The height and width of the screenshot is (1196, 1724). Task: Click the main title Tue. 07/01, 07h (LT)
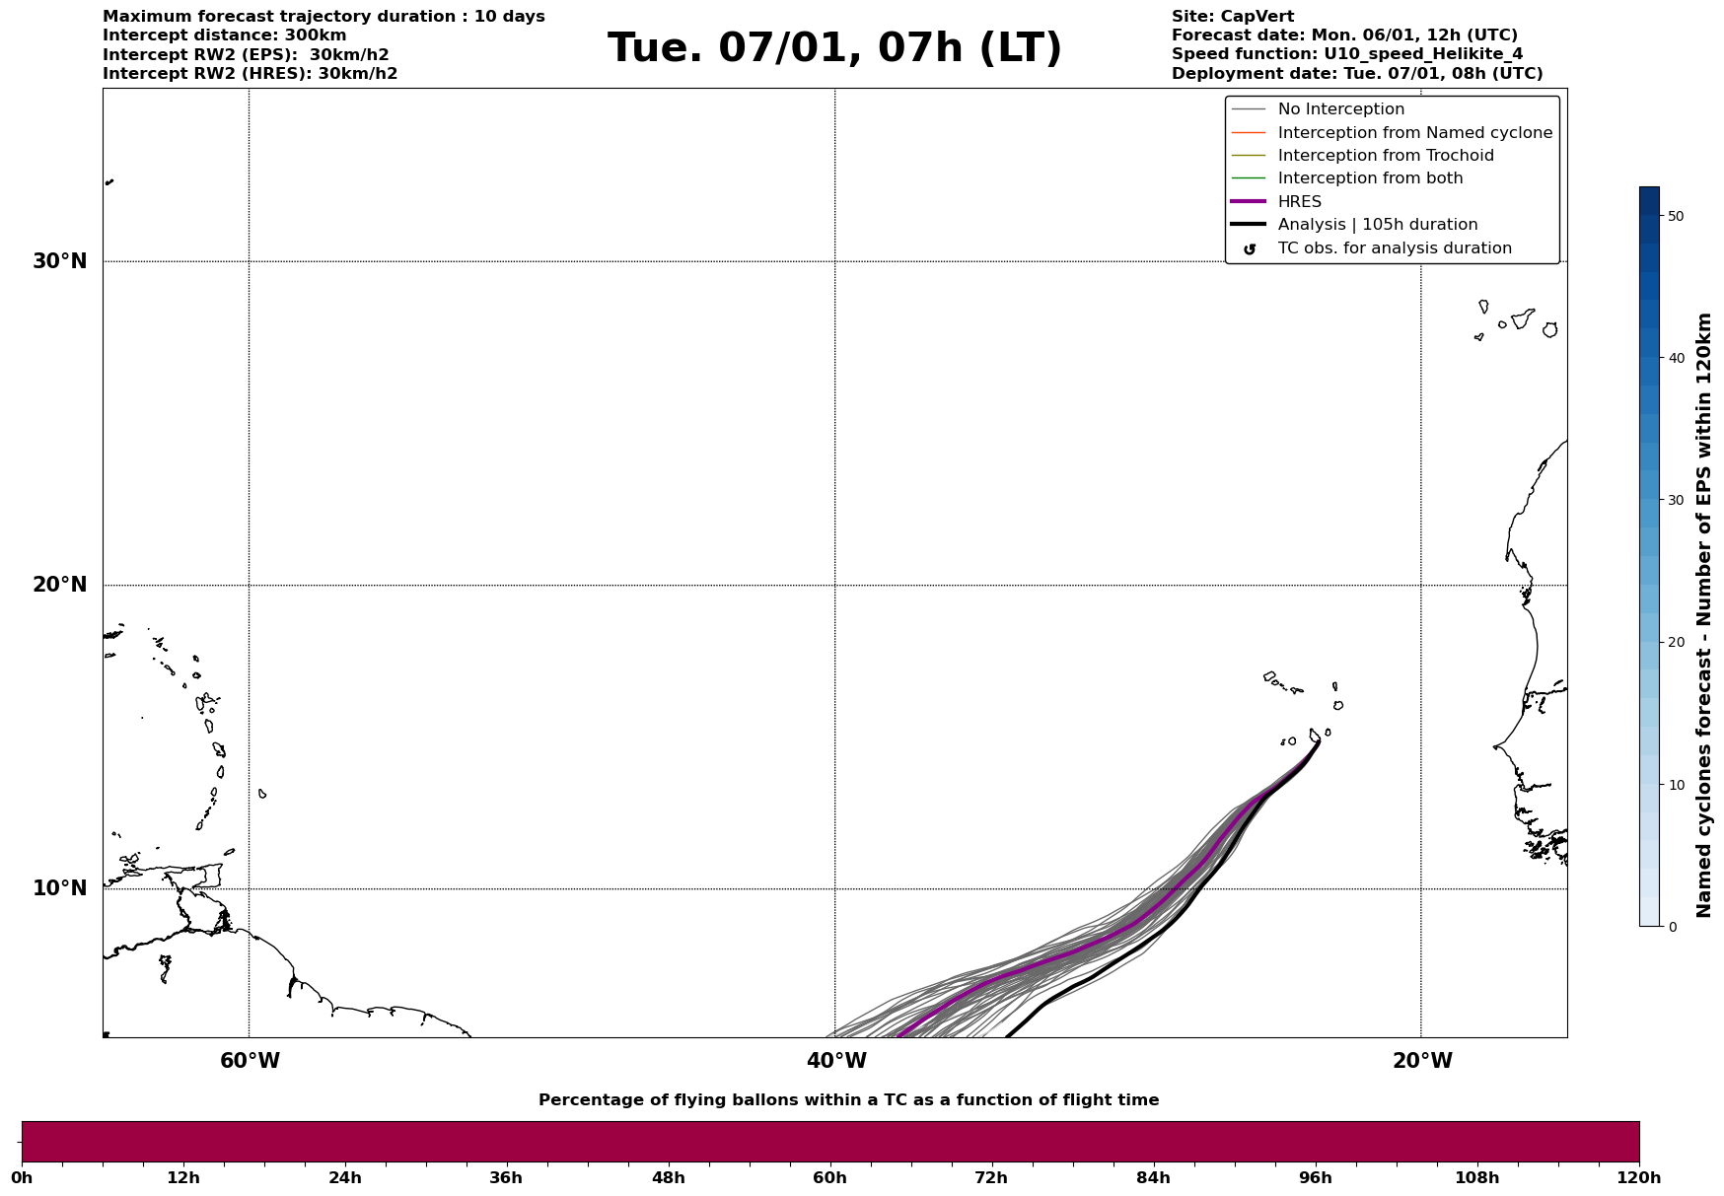(x=834, y=48)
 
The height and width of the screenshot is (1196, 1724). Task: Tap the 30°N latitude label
(x=60, y=261)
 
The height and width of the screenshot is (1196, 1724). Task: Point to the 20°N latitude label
(x=60, y=585)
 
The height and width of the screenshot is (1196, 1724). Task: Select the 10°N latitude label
(x=60, y=888)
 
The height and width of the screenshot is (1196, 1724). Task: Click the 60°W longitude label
(x=250, y=1061)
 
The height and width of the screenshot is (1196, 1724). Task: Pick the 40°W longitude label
(x=836, y=1061)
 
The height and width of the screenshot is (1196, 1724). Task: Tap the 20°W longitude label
(x=1422, y=1061)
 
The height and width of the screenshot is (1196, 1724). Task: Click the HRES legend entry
(x=1299, y=202)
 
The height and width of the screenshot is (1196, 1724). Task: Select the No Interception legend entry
(x=1340, y=109)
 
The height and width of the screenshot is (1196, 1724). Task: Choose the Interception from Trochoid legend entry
(x=1385, y=156)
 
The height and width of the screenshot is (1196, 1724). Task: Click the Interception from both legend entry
(x=1370, y=178)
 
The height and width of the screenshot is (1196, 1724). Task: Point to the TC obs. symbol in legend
(x=1250, y=249)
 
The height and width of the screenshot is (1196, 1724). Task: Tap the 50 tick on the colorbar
(x=1676, y=216)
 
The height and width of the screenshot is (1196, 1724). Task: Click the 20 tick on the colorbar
(x=1676, y=643)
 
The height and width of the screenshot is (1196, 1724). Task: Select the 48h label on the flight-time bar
(x=668, y=1177)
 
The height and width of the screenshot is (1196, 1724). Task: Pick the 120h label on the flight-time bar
(x=1639, y=1177)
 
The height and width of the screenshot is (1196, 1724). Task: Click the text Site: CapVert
(x=1232, y=17)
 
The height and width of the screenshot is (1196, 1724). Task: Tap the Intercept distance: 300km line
(x=224, y=35)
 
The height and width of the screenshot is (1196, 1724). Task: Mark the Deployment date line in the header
(x=1356, y=74)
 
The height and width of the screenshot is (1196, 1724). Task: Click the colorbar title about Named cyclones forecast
(x=1703, y=615)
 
